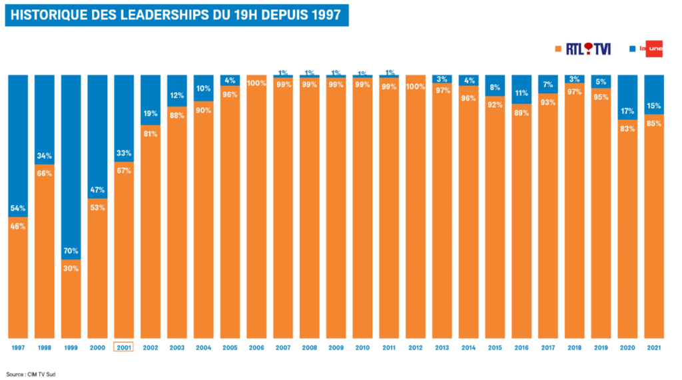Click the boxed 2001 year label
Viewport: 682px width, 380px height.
(124, 348)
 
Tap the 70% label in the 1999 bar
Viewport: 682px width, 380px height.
(71, 251)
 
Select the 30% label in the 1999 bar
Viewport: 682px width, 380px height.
(71, 268)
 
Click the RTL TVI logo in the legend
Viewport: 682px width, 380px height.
(589, 49)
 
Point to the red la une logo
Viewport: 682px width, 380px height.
(650, 49)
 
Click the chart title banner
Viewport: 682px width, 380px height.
(176, 15)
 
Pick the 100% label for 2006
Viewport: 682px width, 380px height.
(256, 83)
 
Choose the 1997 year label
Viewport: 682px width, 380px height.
(18, 348)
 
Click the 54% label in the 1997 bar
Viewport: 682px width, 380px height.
(18, 209)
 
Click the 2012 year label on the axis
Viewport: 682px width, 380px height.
(416, 348)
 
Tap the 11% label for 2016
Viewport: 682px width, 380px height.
(521, 93)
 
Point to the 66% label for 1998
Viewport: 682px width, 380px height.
(45, 173)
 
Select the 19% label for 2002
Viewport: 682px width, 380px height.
(151, 113)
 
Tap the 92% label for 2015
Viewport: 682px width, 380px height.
(495, 105)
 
